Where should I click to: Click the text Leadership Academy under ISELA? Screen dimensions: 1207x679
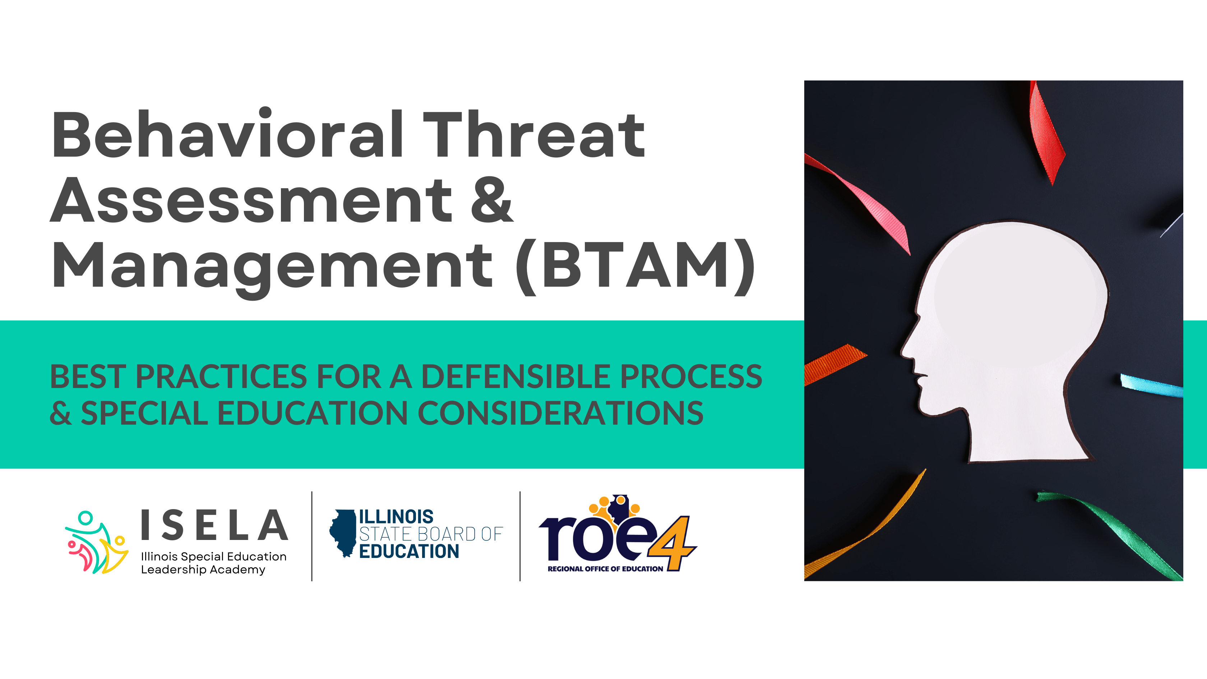click(203, 569)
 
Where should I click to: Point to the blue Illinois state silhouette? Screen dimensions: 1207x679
click(343, 533)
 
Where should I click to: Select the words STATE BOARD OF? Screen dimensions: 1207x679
click(431, 534)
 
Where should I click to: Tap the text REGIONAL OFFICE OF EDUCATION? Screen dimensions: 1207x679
click(605, 569)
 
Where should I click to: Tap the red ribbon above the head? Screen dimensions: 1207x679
click(1047, 134)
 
